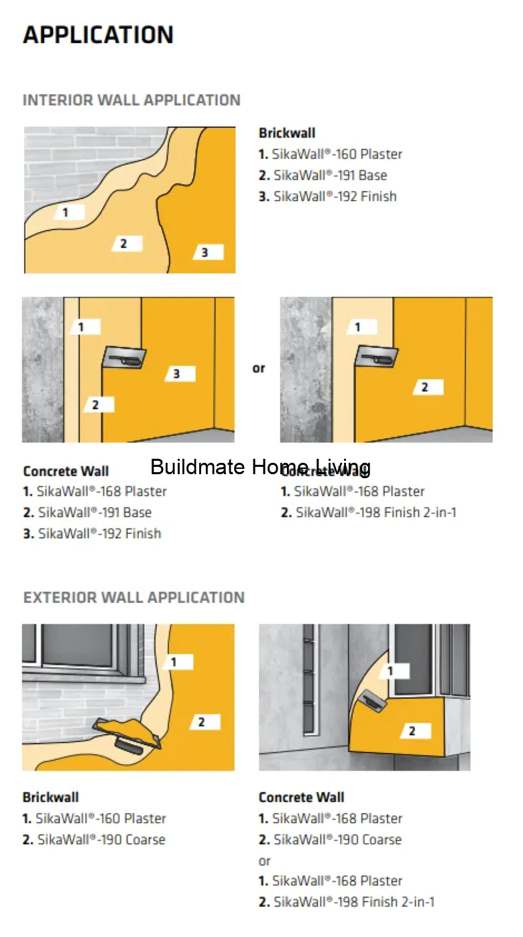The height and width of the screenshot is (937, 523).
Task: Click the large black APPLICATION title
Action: tap(99, 35)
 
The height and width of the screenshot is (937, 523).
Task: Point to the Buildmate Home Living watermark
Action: tap(260, 467)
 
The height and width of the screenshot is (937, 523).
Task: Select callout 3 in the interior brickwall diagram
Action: tap(206, 252)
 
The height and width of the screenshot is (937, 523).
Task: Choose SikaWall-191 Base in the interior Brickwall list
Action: tap(323, 175)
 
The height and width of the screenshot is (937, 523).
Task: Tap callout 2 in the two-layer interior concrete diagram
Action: tap(424, 387)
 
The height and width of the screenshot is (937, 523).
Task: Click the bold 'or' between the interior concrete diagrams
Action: tap(259, 368)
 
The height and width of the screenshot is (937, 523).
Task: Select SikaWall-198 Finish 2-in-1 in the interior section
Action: tap(368, 512)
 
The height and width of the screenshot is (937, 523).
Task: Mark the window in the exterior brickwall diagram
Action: tap(80, 647)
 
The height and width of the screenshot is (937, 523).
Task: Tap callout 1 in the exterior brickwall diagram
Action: tap(174, 662)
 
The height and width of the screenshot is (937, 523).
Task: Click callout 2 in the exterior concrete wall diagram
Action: tap(412, 731)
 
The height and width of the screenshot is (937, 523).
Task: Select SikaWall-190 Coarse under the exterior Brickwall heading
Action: tap(94, 840)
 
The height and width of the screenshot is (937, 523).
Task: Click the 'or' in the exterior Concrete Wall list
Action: tap(265, 861)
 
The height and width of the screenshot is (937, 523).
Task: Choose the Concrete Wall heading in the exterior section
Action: tap(301, 797)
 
